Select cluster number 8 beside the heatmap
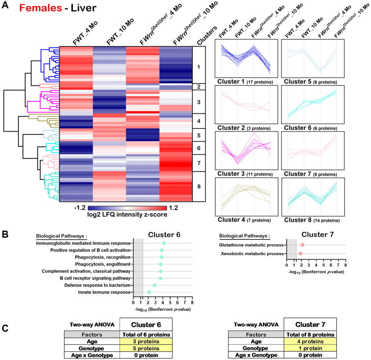[199, 186]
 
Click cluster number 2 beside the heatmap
[199, 86]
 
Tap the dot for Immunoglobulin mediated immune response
[164, 243]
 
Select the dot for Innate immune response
[149, 292]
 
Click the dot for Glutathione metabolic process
[302, 246]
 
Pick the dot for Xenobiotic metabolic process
[300, 253]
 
